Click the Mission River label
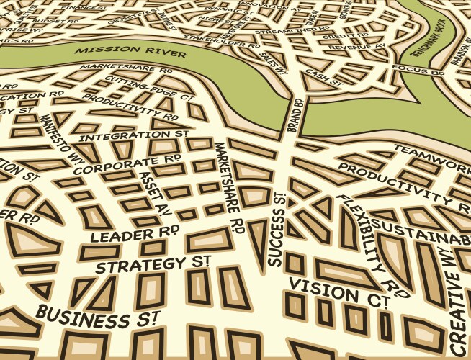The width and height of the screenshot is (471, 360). tap(130, 53)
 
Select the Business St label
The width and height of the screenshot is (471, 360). tap(98, 317)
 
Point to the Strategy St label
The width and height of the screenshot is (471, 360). tap(153, 263)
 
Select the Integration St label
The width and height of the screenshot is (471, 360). tap(134, 135)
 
